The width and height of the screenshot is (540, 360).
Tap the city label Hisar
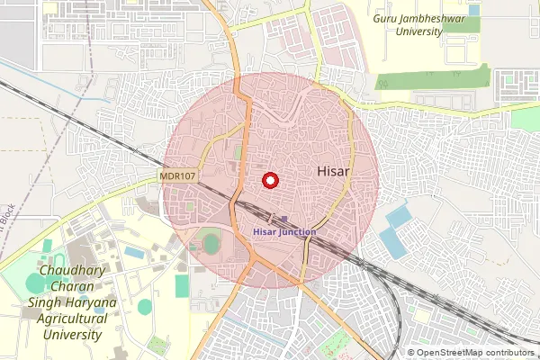tap(333, 169)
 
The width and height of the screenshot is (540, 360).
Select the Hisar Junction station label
tap(283, 231)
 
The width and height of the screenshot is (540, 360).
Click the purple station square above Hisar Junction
tap(284, 220)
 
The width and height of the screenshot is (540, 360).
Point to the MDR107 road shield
tap(178, 176)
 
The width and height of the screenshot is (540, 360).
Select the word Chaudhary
tap(73, 271)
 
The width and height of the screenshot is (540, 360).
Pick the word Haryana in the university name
tap(87, 302)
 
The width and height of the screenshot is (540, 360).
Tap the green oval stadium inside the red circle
tap(211, 243)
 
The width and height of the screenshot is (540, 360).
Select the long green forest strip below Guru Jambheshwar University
tap(432, 78)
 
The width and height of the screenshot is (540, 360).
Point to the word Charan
tap(73, 286)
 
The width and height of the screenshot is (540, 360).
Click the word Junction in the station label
tap(298, 231)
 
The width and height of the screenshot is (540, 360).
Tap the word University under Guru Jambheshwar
tap(419, 31)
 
